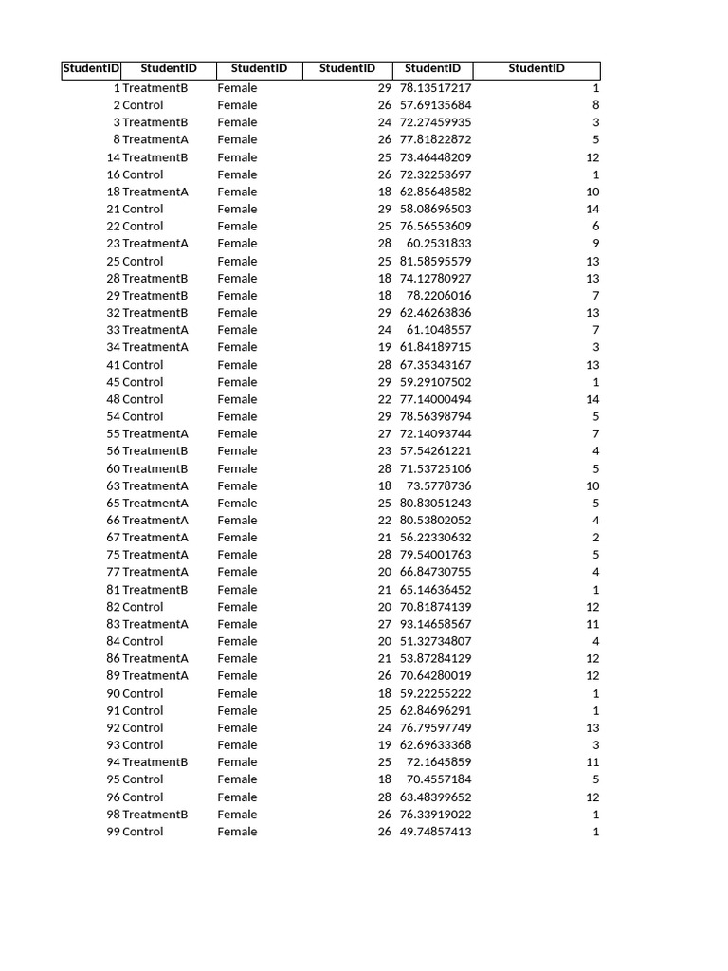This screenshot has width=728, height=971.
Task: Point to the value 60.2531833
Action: (x=439, y=243)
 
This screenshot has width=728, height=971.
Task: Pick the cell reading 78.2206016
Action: (x=439, y=296)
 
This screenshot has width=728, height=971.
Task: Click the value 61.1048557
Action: (x=439, y=330)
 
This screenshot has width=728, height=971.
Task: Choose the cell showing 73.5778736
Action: (x=439, y=485)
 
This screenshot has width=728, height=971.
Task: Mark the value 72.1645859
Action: (x=439, y=762)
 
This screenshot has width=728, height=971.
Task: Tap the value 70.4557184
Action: (x=439, y=779)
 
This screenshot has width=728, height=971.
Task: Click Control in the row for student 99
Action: (x=143, y=832)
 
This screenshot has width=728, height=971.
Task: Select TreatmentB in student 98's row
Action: (x=155, y=815)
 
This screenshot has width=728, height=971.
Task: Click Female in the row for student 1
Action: (x=237, y=88)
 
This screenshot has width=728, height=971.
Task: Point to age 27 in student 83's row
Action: (x=384, y=624)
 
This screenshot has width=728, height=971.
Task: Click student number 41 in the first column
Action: (x=113, y=365)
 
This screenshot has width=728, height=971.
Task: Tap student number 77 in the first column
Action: (x=113, y=572)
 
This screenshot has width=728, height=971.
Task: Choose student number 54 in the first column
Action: (x=113, y=416)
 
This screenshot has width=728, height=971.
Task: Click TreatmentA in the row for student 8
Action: (x=155, y=139)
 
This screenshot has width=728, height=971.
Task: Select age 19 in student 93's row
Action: (x=384, y=745)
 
